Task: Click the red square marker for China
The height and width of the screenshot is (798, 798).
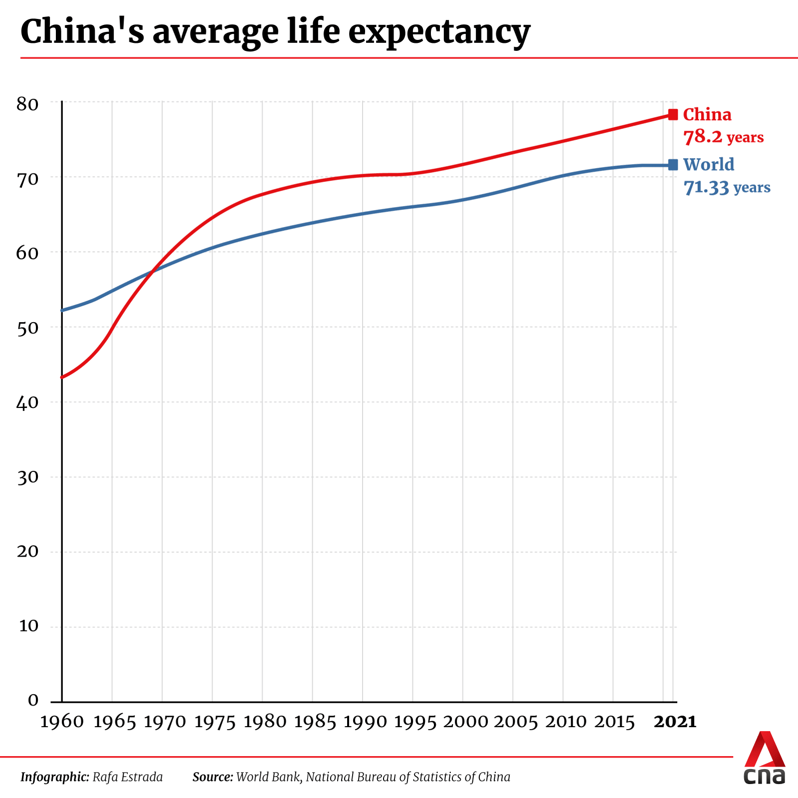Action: point(673,115)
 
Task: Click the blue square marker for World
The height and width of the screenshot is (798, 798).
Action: point(673,165)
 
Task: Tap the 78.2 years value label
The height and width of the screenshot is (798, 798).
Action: point(723,137)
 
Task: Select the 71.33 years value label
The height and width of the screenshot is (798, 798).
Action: point(727,188)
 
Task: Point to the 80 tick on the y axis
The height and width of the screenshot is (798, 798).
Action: point(27,104)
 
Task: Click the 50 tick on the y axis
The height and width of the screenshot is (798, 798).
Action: point(27,328)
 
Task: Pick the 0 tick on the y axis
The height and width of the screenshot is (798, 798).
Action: point(33,700)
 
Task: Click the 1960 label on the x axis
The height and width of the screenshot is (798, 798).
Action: point(62,722)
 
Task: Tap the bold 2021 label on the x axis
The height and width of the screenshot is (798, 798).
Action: point(675,722)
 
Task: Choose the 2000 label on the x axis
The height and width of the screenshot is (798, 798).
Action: point(465,722)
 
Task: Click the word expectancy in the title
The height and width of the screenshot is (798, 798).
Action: point(439,32)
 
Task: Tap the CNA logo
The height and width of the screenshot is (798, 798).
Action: point(764,758)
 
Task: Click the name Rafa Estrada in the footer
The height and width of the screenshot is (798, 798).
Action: point(128,777)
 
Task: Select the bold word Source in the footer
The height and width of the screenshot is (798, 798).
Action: point(212,777)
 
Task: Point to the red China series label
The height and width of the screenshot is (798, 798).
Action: point(707,115)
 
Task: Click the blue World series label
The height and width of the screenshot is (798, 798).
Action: point(709,165)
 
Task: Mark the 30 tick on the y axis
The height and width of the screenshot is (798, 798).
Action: point(27,477)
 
